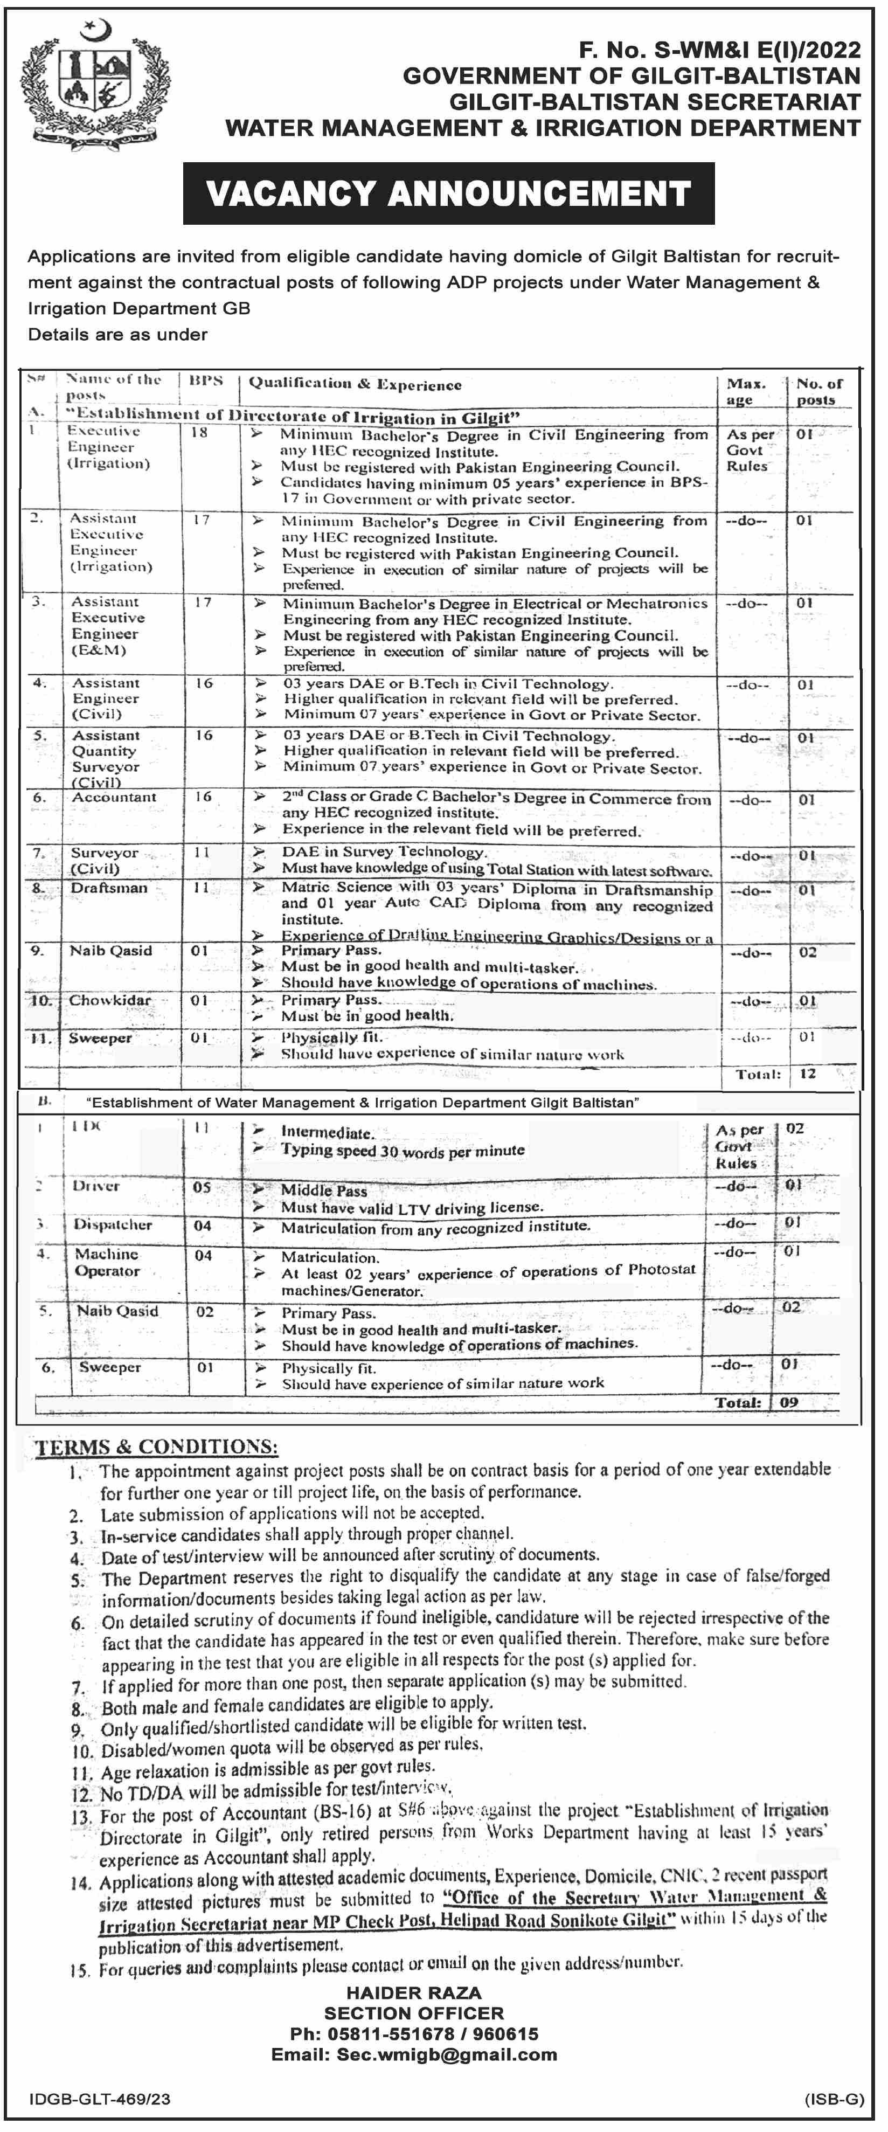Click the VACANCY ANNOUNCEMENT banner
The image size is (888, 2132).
(x=448, y=193)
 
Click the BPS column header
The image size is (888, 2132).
(x=206, y=380)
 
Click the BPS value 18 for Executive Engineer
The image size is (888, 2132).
(x=199, y=432)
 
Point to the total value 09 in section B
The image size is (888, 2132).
(x=789, y=1403)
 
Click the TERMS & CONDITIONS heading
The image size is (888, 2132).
(x=156, y=1446)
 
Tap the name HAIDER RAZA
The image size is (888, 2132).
(x=414, y=1993)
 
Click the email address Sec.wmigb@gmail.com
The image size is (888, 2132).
(x=447, y=2054)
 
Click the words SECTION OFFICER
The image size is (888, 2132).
(x=414, y=2013)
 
